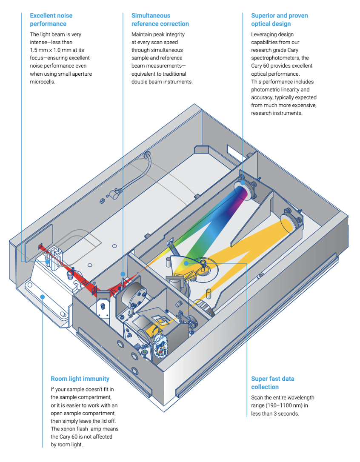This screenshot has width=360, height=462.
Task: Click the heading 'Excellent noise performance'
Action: tap(51, 20)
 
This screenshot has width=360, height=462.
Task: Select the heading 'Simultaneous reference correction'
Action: tap(160, 20)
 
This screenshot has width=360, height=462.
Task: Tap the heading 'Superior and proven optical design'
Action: tap(280, 20)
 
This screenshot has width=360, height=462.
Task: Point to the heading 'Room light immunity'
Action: tap(80, 379)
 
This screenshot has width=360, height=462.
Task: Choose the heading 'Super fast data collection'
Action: tap(273, 383)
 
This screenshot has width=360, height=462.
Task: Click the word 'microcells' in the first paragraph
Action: tap(42, 82)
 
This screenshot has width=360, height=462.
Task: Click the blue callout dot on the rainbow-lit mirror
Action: tap(243, 183)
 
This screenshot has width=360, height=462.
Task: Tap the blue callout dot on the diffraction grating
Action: tap(186, 263)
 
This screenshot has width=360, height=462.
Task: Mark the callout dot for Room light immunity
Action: tap(43, 297)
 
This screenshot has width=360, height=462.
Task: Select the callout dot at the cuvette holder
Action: tap(47, 261)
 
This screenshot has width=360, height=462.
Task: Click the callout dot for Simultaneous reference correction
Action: tap(123, 274)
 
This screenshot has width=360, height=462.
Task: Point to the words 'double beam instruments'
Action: tap(162, 82)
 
